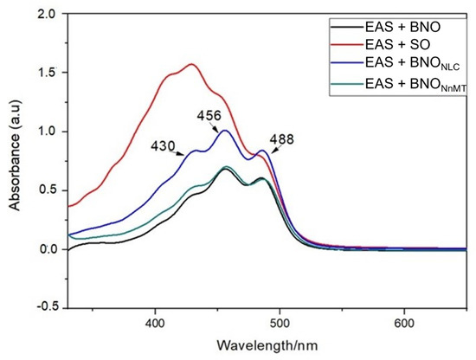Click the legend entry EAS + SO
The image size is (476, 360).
tap(398, 45)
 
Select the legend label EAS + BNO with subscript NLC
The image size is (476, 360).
tap(413, 63)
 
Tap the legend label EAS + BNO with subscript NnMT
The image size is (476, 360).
tap(415, 84)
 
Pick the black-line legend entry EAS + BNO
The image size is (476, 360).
tap(402, 27)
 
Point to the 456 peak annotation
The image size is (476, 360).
tap(209, 116)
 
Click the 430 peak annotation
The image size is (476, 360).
tap(164, 146)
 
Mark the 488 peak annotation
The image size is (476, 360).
tap(282, 139)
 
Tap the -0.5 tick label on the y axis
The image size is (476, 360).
tap(48, 307)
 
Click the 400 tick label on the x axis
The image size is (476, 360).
tap(155, 323)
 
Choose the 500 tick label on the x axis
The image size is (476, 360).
tap(280, 323)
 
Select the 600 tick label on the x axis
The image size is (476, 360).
tap(404, 323)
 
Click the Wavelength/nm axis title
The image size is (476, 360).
tap(267, 345)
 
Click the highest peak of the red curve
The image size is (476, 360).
tap(191, 64)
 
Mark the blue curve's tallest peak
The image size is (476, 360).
tap(225, 130)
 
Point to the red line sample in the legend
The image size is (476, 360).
tap(347, 45)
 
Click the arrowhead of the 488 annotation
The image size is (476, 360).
tap(273, 151)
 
